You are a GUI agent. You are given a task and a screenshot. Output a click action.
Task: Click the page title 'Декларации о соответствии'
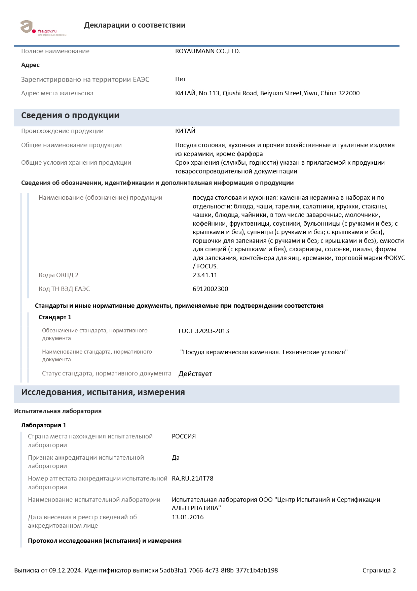tap(135, 25)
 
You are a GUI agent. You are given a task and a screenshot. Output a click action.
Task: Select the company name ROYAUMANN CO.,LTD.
tap(207, 51)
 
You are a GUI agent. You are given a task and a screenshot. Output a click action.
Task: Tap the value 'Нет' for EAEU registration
tap(180, 79)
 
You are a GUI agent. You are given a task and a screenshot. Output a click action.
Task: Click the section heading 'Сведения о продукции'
tap(70, 116)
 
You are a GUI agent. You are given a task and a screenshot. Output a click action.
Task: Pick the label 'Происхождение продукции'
tap(62, 131)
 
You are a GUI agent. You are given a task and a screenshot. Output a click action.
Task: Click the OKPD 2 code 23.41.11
tap(205, 275)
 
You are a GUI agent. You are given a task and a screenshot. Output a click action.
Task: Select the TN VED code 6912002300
tap(210, 289)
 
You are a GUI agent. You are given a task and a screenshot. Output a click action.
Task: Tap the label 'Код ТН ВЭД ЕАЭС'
tap(64, 289)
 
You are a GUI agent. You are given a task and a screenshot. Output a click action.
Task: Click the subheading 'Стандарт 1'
tap(55, 317)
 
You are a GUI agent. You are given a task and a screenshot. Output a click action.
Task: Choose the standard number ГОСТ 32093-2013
tap(203, 331)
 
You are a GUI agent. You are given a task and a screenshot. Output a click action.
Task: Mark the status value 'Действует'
tap(195, 374)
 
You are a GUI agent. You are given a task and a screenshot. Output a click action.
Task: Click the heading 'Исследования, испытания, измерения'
tap(103, 392)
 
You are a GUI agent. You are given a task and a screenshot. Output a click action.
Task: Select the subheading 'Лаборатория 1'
tap(44, 425)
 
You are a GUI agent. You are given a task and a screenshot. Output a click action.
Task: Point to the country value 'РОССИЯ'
tap(184, 436)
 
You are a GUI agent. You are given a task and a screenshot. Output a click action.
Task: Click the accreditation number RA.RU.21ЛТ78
tap(192, 479)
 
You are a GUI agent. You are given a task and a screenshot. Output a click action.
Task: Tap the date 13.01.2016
tap(188, 517)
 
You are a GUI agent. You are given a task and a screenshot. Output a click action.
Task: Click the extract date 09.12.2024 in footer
tap(65, 570)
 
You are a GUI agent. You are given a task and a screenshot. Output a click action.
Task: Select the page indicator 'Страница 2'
tap(379, 570)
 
